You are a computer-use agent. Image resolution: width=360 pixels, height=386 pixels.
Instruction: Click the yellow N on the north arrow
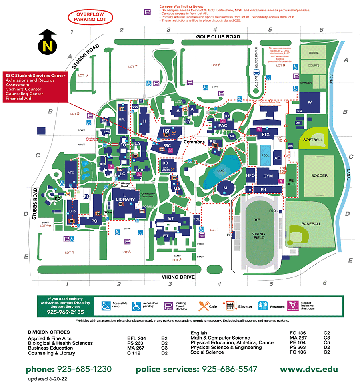click(x=48, y=46)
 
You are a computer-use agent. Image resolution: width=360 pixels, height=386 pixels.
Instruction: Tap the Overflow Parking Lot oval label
click(x=90, y=17)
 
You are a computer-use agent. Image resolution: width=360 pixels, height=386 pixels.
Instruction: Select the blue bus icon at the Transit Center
click(x=256, y=72)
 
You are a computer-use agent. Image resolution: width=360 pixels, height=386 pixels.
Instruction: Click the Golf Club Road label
click(x=218, y=36)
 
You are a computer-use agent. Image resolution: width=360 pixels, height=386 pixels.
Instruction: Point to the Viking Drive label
click(x=178, y=277)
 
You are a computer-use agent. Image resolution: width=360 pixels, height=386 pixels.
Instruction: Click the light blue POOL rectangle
click(x=265, y=158)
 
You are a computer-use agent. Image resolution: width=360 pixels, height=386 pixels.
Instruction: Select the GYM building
click(x=268, y=176)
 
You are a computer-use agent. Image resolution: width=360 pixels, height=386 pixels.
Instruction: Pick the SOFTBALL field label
click(x=312, y=140)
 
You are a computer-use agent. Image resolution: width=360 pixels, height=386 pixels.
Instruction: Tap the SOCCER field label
click(x=319, y=175)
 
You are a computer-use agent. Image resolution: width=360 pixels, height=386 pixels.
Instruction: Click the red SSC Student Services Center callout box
click(x=35, y=87)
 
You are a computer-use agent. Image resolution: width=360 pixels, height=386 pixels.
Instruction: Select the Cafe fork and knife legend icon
click(x=203, y=306)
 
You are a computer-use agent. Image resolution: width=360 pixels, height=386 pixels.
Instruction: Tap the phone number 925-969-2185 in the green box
click(x=66, y=312)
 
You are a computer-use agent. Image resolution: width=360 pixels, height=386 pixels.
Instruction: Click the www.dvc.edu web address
click(x=308, y=369)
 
